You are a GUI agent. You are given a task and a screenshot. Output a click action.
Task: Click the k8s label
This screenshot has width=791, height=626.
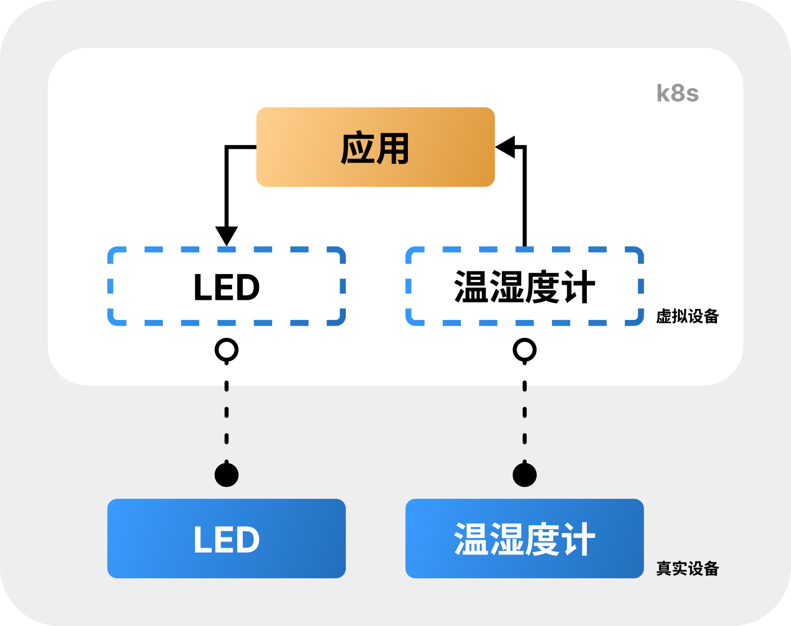click(x=677, y=93)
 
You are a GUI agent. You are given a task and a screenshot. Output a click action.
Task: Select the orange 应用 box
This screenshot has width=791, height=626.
click(x=375, y=147)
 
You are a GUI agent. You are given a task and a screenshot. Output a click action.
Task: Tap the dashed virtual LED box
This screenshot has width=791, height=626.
click(x=227, y=287)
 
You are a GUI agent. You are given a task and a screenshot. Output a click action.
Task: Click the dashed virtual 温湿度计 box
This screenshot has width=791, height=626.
click(x=524, y=287)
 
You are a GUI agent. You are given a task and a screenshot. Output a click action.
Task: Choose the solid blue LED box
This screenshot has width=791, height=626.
click(x=227, y=539)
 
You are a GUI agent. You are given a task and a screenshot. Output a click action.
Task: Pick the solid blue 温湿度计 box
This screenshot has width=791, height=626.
click(x=524, y=539)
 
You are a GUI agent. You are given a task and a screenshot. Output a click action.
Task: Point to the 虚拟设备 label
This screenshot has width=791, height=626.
click(x=687, y=316)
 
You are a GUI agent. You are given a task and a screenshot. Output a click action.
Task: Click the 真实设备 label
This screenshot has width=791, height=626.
click(x=687, y=568)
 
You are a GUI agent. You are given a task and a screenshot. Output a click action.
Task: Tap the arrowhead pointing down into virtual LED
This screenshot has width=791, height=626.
click(x=227, y=236)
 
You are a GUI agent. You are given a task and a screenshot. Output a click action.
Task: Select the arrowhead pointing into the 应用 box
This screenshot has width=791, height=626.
click(x=506, y=146)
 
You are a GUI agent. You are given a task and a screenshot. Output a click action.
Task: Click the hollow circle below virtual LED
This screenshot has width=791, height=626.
click(x=227, y=350)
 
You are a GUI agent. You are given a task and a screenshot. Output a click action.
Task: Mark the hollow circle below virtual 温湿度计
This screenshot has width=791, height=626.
click(x=524, y=350)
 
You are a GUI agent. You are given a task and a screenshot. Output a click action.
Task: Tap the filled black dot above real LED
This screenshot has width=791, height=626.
click(x=227, y=475)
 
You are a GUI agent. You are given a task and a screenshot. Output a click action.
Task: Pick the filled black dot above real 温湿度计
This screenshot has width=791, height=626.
click(x=524, y=475)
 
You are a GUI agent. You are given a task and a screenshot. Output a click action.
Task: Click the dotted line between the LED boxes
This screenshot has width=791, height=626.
click(x=227, y=412)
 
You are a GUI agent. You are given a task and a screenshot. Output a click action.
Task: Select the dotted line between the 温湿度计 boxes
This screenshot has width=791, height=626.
click(x=524, y=412)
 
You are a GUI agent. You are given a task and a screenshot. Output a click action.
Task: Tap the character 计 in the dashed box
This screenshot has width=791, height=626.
click(x=578, y=287)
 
